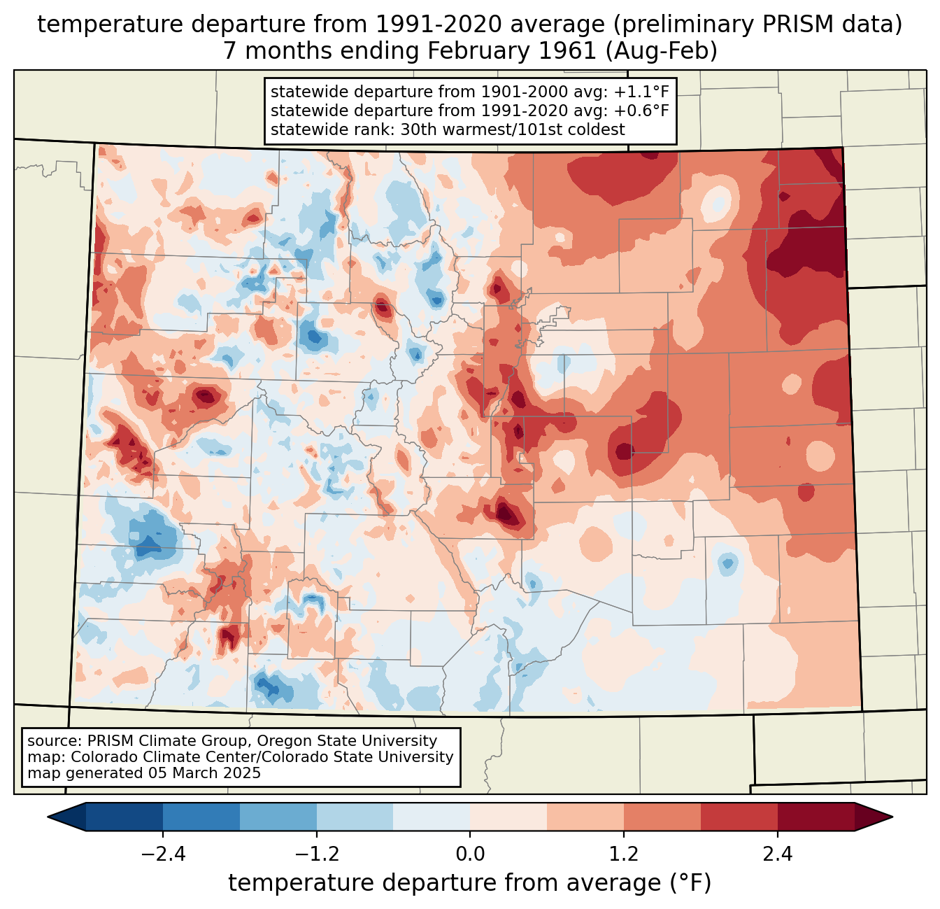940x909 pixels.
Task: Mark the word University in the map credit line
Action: coord(420,757)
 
